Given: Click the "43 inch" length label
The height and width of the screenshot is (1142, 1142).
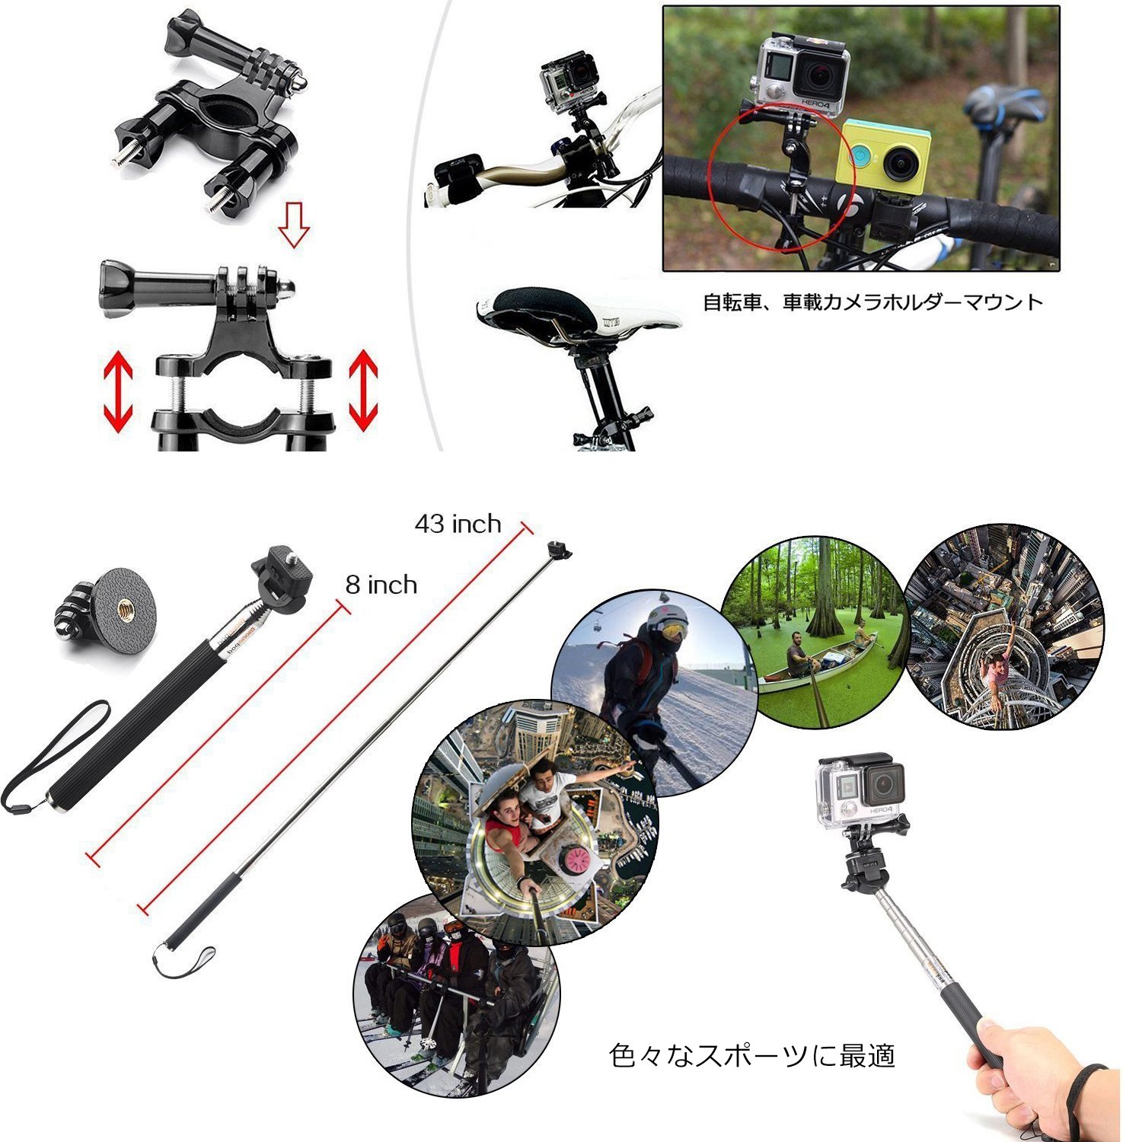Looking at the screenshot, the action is [458, 524].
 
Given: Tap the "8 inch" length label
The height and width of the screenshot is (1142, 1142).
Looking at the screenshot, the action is [381, 585].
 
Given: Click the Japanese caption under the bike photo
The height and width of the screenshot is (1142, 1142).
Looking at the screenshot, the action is [872, 302].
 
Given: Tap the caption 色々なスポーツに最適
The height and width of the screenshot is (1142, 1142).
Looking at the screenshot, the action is [752, 1055].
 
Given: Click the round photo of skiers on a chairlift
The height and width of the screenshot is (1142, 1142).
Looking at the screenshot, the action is [457, 996].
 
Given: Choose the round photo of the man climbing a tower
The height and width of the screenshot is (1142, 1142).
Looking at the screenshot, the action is [1003, 626].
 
